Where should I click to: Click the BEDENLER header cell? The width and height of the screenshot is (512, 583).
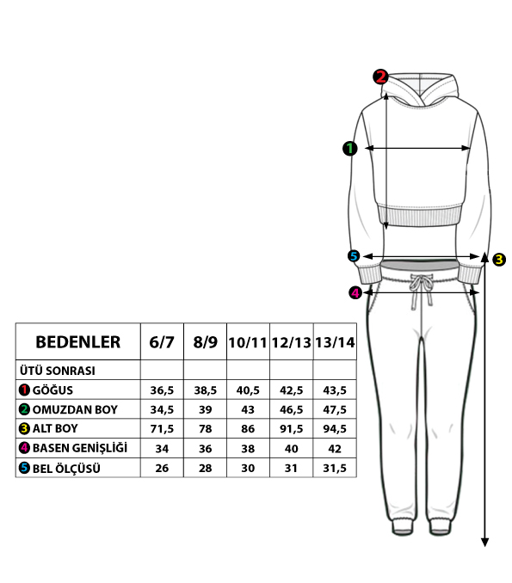click(77, 342)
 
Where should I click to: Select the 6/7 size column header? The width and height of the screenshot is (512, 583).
click(162, 342)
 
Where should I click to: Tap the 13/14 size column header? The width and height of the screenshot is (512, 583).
click(335, 342)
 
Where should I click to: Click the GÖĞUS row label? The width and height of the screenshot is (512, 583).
click(52, 390)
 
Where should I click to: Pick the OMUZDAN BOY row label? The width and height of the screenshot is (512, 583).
click(75, 409)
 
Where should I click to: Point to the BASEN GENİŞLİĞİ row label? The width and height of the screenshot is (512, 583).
click(80, 448)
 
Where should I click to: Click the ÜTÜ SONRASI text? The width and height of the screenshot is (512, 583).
click(58, 371)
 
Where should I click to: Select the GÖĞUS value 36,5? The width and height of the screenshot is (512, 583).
click(162, 390)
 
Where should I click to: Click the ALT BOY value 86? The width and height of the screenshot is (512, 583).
click(248, 429)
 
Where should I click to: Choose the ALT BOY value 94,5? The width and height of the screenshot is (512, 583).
click(335, 429)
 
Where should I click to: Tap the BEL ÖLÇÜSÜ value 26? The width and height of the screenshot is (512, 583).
click(162, 468)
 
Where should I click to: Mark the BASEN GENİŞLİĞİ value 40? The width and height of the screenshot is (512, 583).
click(291, 448)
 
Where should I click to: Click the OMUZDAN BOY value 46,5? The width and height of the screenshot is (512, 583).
click(292, 409)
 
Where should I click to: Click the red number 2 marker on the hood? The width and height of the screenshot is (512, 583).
click(380, 77)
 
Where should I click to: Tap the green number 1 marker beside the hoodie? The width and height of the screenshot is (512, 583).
click(349, 149)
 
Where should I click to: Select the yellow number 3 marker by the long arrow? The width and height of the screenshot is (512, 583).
click(499, 259)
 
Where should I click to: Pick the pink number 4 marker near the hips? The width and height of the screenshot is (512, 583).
click(355, 292)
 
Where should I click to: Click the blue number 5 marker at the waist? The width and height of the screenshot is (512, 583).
click(354, 255)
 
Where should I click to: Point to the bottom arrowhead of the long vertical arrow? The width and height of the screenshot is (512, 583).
click(484, 542)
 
